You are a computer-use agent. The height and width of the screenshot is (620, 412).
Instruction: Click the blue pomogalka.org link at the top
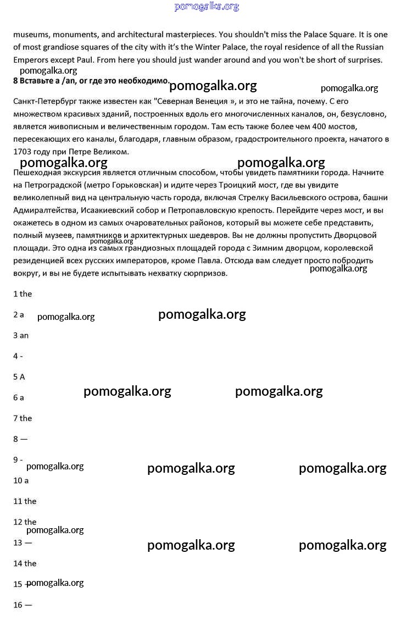[207, 7]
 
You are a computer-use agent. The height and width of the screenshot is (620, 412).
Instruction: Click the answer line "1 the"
[23, 294]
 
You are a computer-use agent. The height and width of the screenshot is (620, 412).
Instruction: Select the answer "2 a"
[19, 315]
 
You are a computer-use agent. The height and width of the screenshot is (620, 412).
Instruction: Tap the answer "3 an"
[21, 335]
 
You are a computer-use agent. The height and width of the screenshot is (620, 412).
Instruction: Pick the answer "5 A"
[19, 377]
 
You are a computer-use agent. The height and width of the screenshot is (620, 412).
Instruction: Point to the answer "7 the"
[23, 418]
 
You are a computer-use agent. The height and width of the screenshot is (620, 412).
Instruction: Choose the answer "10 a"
[21, 480]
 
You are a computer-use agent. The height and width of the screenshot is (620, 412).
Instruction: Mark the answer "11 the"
[25, 501]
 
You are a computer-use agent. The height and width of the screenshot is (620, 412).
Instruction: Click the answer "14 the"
[25, 563]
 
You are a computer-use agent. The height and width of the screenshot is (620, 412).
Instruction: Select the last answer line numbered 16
[23, 605]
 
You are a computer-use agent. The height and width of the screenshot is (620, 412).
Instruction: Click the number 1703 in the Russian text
[23, 151]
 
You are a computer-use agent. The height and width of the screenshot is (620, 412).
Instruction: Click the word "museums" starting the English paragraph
[30, 34]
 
